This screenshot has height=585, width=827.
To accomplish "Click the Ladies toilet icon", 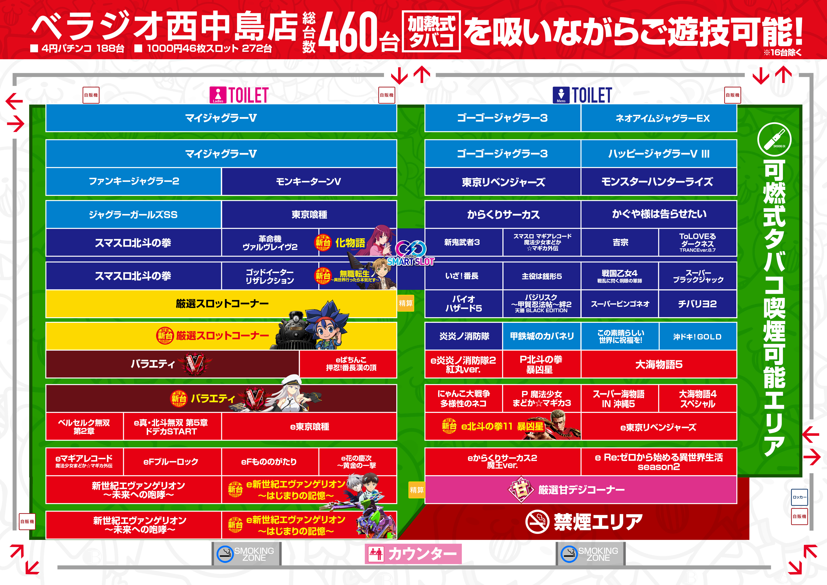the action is click(x=218, y=95).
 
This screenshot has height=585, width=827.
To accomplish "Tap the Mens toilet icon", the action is click(x=561, y=95).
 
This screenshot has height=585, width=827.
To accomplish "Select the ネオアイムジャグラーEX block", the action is click(x=659, y=118).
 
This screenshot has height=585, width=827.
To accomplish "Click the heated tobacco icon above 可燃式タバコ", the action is click(x=774, y=139).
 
